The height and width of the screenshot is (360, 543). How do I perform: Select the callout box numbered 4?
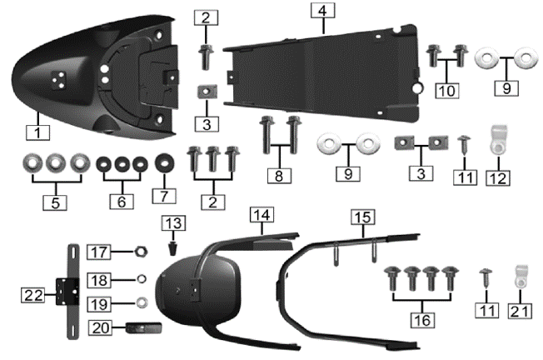[x=322, y=12]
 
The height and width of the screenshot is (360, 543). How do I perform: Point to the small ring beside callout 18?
[x=142, y=278]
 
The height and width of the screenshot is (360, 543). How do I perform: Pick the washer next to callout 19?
[x=142, y=302]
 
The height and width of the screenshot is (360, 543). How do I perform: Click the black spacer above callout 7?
[x=163, y=160]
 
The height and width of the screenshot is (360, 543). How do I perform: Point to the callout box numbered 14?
[x=262, y=216]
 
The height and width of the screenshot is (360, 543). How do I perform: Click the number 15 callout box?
[x=361, y=217]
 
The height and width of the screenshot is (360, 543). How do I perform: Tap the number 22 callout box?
[x=31, y=293]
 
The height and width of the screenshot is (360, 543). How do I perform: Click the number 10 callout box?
[x=446, y=88]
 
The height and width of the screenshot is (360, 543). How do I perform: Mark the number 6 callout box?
[x=122, y=201]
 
